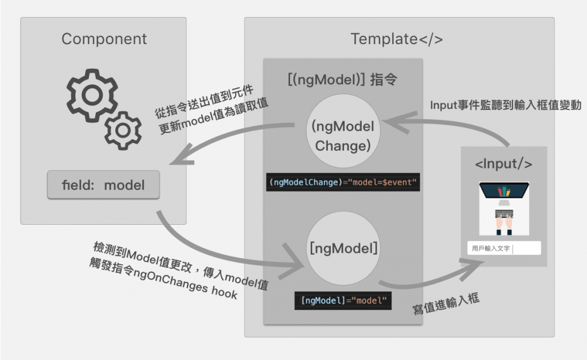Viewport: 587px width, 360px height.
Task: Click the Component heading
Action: pos(104,39)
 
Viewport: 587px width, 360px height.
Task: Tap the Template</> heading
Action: pos(397,39)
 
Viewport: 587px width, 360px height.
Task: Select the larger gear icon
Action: pos(92,95)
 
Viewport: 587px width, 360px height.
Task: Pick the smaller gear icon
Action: pos(123,131)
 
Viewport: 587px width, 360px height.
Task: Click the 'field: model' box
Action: pos(103,185)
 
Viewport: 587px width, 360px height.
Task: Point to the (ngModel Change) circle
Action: pos(343,131)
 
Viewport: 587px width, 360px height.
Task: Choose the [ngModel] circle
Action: pos(343,248)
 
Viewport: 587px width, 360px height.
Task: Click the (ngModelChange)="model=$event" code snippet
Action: pos(343,182)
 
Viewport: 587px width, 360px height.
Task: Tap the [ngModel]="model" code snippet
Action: pos(343,300)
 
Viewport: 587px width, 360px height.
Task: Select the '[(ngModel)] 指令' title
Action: pos(343,80)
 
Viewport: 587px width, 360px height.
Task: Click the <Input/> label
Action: pos(503,164)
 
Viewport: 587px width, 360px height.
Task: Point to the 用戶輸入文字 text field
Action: pos(504,248)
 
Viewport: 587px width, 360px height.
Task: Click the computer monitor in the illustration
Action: pos(504,191)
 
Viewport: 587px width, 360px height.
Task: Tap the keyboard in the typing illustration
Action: pos(504,214)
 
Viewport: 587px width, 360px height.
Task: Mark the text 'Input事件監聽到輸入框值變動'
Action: pos(506,105)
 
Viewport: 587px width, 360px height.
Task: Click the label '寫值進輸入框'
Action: pos(446,304)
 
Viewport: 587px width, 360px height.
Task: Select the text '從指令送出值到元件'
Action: pos(205,102)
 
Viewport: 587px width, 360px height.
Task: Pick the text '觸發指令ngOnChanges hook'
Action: pos(163,279)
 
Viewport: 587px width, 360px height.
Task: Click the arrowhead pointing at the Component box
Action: pos(181,156)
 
